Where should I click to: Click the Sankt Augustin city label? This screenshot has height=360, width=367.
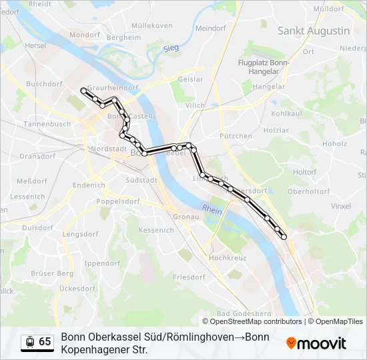pyautogui.click(x=314, y=31)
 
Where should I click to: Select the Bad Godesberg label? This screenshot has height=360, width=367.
pyautogui.click(x=244, y=313)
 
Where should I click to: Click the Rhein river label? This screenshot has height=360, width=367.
pyautogui.click(x=212, y=209)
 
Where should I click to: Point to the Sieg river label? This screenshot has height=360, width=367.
pyautogui.click(x=171, y=48)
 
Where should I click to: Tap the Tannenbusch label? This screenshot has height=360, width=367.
pyautogui.click(x=47, y=124)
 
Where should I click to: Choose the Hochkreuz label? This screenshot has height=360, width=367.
pyautogui.click(x=228, y=257)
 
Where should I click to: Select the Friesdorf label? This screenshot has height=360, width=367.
pyautogui.click(x=189, y=277)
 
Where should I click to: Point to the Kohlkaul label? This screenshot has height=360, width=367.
pyautogui.click(x=287, y=113)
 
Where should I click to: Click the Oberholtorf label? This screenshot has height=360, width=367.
pyautogui.click(x=308, y=191)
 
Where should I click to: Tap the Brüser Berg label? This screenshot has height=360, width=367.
pyautogui.click(x=51, y=273)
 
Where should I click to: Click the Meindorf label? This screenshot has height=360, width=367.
pyautogui.click(x=212, y=29)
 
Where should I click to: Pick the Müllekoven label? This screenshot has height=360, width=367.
pyautogui.click(x=151, y=26)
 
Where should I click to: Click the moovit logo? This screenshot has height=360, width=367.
pyautogui.click(x=316, y=343)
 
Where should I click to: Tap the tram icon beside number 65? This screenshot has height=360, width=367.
pyautogui.click(x=29, y=342)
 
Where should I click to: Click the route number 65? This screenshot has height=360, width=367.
pyautogui.click(x=45, y=342)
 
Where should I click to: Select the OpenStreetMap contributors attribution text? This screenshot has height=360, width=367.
pyautogui.click(x=256, y=321)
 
